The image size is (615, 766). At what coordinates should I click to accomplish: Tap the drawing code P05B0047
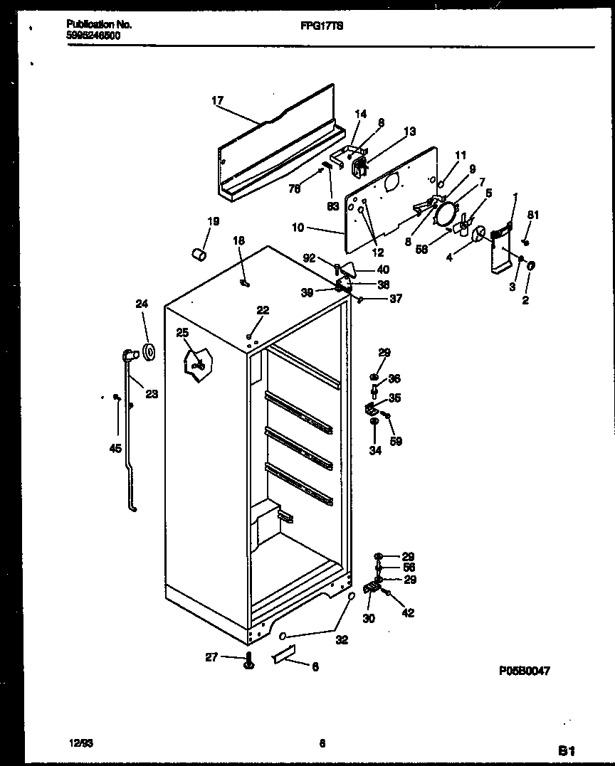point(525,670)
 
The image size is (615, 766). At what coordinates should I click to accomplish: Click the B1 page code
point(566,750)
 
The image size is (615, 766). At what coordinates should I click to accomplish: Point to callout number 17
point(217,101)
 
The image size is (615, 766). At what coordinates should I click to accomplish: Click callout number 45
point(115,448)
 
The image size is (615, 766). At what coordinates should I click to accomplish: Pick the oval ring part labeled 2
point(531,266)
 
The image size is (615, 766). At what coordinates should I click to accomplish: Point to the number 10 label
point(298,228)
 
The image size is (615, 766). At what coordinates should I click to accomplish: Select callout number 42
point(407,613)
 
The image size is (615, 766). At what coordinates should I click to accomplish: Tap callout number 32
point(342,640)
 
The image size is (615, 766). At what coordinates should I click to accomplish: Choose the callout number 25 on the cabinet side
point(183,333)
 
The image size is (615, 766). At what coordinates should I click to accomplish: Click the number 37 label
point(395,299)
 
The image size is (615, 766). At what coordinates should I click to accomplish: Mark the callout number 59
point(396,441)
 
